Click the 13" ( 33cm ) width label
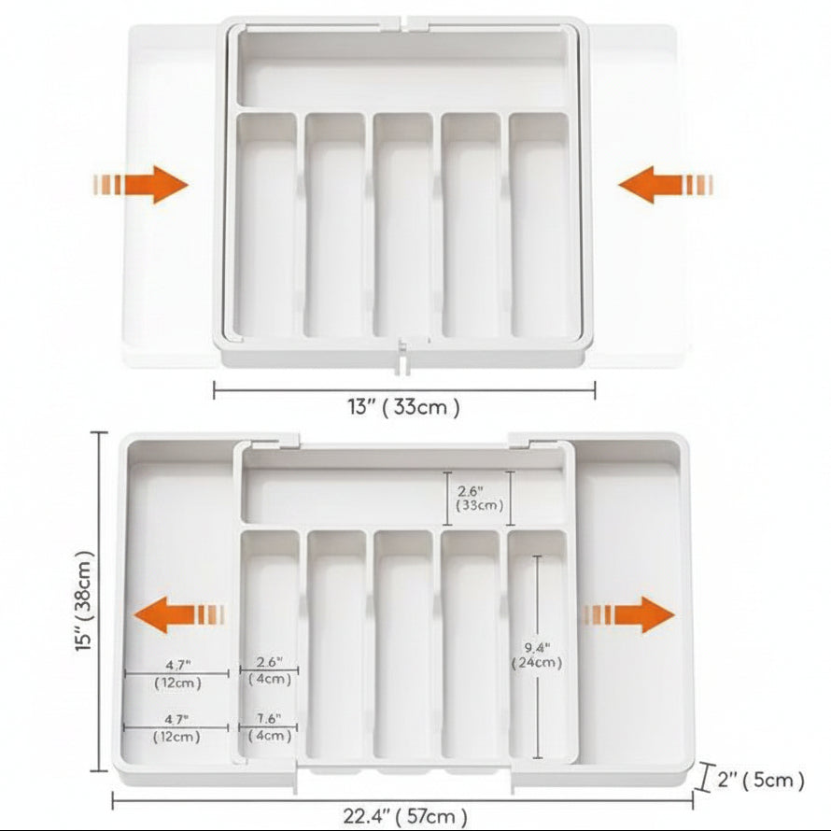404,407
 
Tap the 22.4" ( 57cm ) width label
405,816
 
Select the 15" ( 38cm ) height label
85,600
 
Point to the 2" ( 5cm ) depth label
761,780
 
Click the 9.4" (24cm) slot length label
537,655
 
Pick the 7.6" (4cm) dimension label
270,727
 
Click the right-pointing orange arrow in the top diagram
140,185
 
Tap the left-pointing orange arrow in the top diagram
665,185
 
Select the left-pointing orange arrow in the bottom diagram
178,614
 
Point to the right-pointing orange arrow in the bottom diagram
628,614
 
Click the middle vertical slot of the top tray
402,225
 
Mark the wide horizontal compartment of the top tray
402,68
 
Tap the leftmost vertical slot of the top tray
265,225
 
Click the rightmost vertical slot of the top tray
540,225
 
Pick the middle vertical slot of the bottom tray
403,644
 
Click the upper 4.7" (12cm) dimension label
177,673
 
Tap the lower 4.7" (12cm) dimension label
176,728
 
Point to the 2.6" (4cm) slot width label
270,670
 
